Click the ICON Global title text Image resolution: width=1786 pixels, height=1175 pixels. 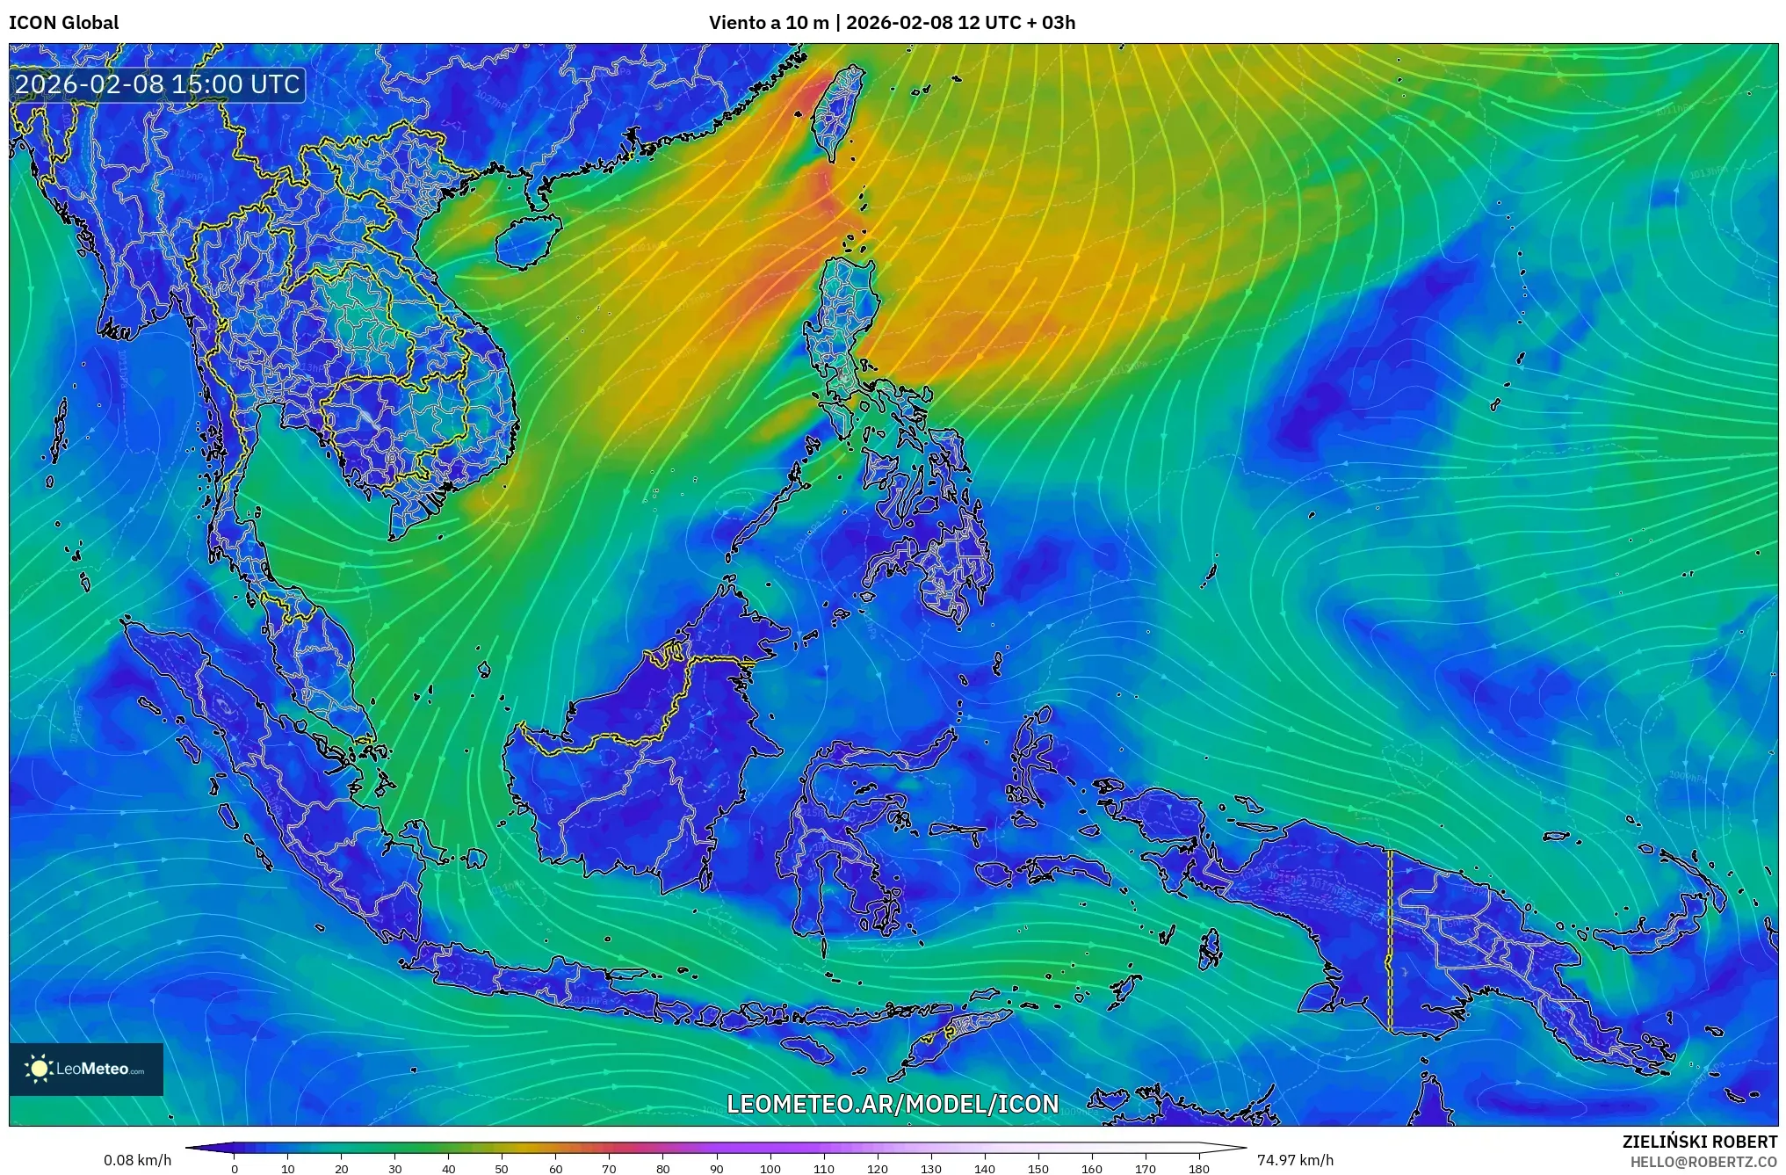click(x=63, y=23)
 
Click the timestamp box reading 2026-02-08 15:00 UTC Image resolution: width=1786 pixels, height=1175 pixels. click(x=158, y=84)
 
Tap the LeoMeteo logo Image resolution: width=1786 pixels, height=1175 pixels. click(x=86, y=1069)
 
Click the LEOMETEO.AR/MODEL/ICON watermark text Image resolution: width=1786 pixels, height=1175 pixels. click(x=893, y=1104)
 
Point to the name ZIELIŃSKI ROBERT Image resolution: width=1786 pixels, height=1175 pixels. click(x=1699, y=1142)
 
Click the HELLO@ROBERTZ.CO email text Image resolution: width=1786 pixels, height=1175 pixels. click(x=1703, y=1162)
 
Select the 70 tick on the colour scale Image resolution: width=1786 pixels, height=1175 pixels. click(x=609, y=1168)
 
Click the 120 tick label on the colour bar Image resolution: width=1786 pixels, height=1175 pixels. click(x=877, y=1168)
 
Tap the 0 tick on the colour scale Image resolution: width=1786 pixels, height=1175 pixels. click(x=235, y=1168)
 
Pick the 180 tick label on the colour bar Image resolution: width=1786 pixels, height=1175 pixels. click(x=1198, y=1168)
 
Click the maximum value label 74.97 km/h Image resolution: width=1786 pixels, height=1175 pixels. click(x=1295, y=1160)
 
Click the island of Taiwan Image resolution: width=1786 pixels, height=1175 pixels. click(x=837, y=114)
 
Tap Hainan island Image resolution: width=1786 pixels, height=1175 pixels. click(x=527, y=241)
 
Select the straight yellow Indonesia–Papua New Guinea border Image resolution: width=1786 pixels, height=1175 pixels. click(x=1390, y=940)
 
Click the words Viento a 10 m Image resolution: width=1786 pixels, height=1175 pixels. click(x=769, y=23)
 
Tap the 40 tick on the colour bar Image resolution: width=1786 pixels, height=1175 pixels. click(x=448, y=1168)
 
